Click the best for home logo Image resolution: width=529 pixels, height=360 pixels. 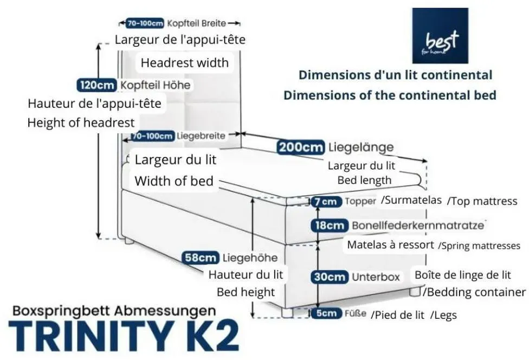click(x=440, y=36)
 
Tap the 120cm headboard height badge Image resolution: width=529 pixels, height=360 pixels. click(x=97, y=85)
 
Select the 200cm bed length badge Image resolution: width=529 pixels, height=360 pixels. click(x=300, y=147)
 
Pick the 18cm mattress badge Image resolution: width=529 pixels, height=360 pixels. click(x=330, y=226)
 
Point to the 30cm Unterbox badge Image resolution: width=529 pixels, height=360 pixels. click(x=330, y=277)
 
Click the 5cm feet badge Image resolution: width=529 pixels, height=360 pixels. click(x=326, y=313)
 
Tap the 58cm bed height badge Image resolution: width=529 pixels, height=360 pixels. click(x=201, y=258)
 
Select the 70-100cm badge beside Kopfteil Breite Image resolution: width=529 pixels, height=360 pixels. click(x=145, y=23)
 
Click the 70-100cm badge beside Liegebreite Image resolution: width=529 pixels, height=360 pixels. click(x=153, y=136)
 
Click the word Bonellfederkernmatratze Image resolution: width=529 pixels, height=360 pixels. click(x=418, y=225)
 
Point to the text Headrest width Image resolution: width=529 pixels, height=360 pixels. click(x=184, y=63)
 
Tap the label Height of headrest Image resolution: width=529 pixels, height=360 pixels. click(x=81, y=123)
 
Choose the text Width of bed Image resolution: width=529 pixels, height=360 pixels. click(x=174, y=181)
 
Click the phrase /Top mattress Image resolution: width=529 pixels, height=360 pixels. click(x=482, y=202)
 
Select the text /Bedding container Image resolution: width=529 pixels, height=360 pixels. click(x=474, y=292)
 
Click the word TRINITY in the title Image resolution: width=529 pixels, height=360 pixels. click(x=90, y=336)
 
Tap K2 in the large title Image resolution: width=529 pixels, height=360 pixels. click(x=207, y=336)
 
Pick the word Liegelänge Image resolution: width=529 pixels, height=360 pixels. click(x=360, y=147)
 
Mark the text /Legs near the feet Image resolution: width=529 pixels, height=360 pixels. click(x=444, y=316)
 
